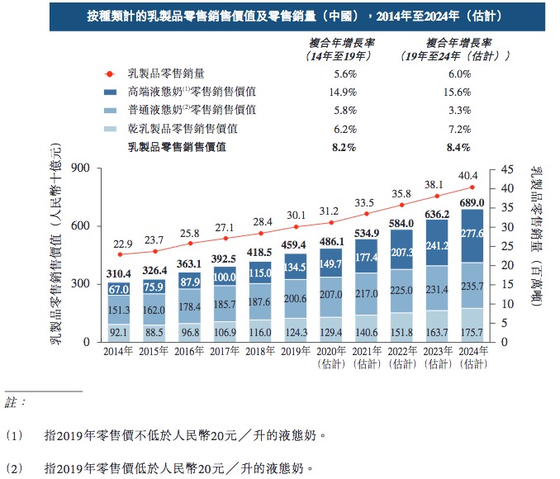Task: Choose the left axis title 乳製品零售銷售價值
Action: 55,248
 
